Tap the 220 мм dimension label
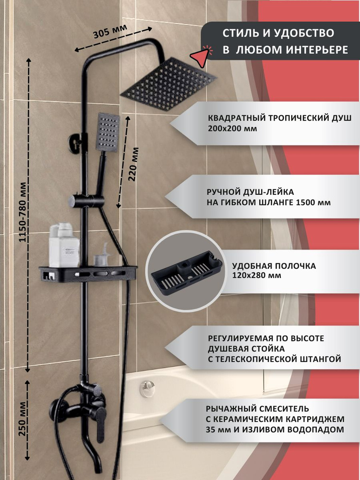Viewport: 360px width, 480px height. pos(133,164)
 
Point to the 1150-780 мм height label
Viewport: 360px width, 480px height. pos(23,212)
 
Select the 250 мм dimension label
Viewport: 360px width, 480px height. pos(23,419)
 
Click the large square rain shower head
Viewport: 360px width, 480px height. pos(168,84)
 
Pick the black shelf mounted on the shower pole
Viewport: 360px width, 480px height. pos(88,274)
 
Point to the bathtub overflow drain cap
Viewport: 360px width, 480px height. pos(147,388)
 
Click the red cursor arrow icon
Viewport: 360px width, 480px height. pos(201,56)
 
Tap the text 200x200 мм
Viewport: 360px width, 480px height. pos(232,129)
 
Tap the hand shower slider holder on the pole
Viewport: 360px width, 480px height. pos(86,201)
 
